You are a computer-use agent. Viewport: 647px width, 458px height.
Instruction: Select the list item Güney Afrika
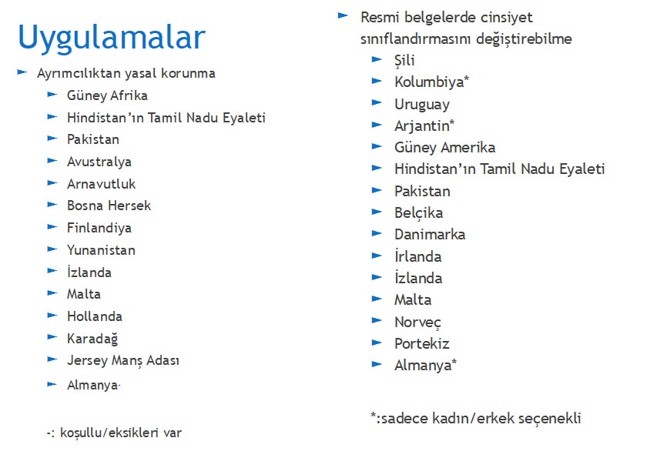pyautogui.click(x=107, y=95)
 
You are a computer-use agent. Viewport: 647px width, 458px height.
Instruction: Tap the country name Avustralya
pyautogui.click(x=99, y=162)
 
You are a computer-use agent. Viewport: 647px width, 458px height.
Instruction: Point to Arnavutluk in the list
pyautogui.click(x=101, y=184)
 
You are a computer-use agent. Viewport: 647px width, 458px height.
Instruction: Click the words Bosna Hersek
pyautogui.click(x=109, y=206)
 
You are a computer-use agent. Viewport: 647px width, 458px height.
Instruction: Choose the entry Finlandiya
pyautogui.click(x=99, y=228)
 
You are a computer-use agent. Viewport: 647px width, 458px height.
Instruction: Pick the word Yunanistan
pyautogui.click(x=101, y=250)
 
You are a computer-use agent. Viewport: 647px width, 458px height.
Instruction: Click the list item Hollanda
pyautogui.click(x=95, y=316)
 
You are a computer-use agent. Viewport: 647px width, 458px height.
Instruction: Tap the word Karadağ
pyautogui.click(x=92, y=339)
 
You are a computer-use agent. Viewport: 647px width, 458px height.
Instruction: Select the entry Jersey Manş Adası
pyautogui.click(x=123, y=361)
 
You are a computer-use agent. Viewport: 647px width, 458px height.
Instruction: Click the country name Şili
pyautogui.click(x=404, y=61)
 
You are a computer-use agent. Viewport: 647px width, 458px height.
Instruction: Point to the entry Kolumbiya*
pyautogui.click(x=431, y=82)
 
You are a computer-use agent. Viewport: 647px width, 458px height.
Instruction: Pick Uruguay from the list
pyautogui.click(x=422, y=105)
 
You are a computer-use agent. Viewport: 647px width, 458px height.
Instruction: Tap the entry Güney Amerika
pyautogui.click(x=445, y=148)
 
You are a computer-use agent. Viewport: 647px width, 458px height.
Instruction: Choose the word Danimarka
pyautogui.click(x=430, y=235)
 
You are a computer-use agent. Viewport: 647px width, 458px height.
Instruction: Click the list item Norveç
pyautogui.click(x=417, y=323)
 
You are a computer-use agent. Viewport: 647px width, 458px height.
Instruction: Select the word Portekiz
pyautogui.click(x=422, y=344)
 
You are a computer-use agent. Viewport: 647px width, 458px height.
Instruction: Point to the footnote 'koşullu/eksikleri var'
pyautogui.click(x=121, y=433)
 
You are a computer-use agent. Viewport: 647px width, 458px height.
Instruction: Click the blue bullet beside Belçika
pyautogui.click(x=377, y=212)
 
